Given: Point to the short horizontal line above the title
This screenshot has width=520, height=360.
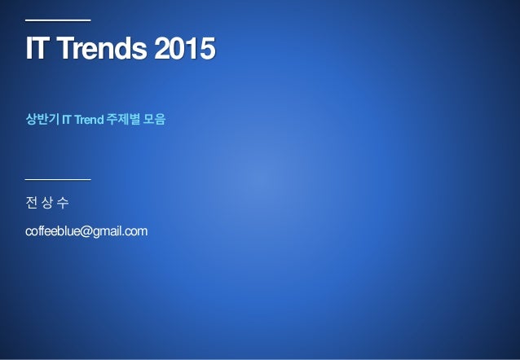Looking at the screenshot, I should click(58, 19).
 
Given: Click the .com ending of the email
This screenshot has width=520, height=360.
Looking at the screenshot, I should click(136, 233).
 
